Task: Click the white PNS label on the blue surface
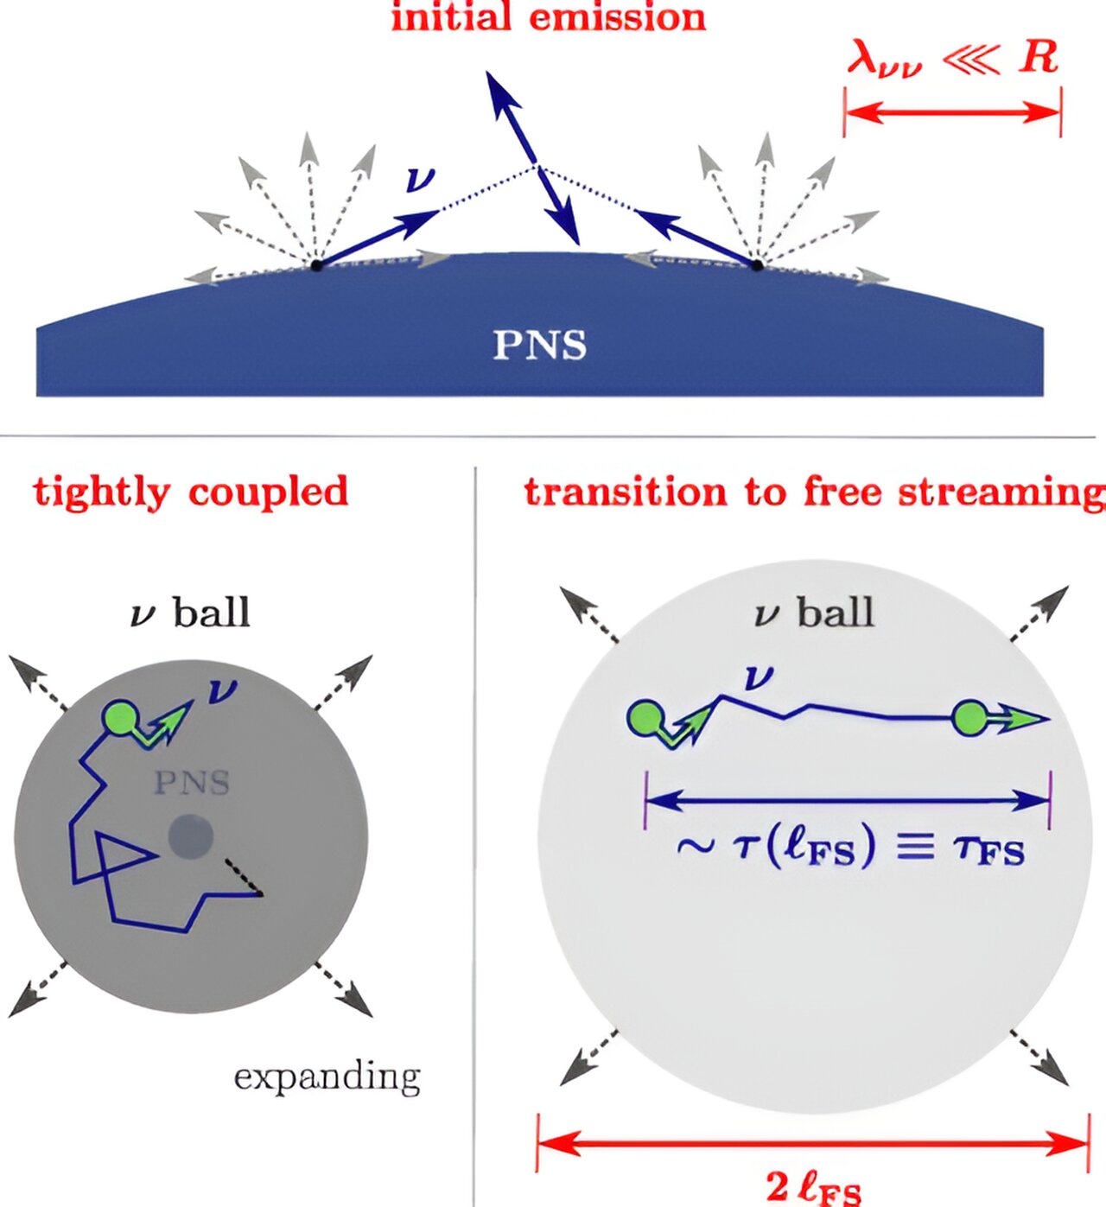point(539,345)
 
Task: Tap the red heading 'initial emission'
point(548,17)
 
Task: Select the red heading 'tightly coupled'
point(191,492)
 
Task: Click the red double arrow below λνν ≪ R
point(952,111)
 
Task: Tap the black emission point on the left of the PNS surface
point(316,264)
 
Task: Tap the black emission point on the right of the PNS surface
point(757,264)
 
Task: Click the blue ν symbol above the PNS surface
point(420,180)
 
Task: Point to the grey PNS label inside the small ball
point(191,783)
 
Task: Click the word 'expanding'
point(327,1077)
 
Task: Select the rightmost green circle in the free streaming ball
point(969,718)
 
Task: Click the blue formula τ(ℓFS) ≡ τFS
point(851,848)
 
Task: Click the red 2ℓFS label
point(813,1188)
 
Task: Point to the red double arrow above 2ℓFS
point(813,1145)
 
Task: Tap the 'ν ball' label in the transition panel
point(813,613)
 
